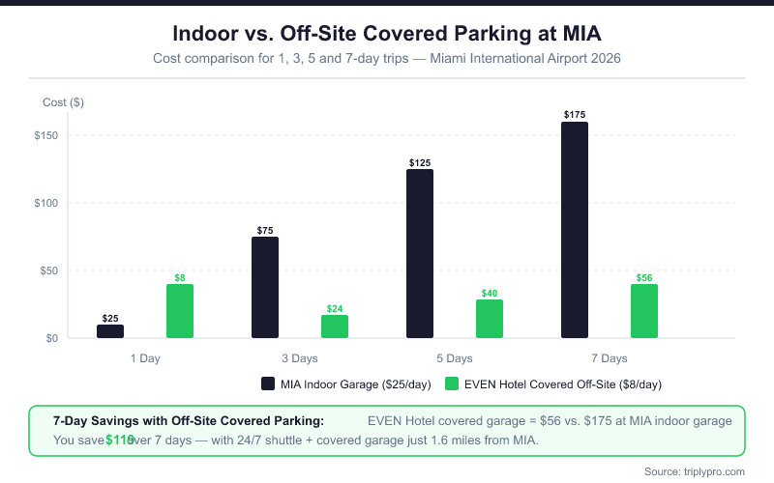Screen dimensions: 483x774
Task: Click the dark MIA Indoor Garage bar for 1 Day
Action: [x=110, y=331]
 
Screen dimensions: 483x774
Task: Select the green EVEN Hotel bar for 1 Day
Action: [x=180, y=311]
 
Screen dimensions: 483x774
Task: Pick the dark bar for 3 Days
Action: [x=265, y=288]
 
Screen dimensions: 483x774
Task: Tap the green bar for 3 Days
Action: [x=335, y=327]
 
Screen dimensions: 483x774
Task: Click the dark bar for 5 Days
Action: [x=420, y=254]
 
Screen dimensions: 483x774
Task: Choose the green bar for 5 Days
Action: [x=490, y=319]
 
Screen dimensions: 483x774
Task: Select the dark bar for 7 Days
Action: [x=575, y=230]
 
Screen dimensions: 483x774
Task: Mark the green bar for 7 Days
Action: [x=644, y=311]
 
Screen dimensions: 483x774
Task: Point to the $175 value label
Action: [x=575, y=115]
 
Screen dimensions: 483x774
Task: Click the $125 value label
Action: [x=420, y=163]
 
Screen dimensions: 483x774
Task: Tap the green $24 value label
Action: [x=335, y=309]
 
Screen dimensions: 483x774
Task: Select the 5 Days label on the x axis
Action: [x=455, y=358]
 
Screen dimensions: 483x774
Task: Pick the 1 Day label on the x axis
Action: [x=145, y=358]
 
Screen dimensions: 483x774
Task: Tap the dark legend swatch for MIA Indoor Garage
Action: [x=268, y=384]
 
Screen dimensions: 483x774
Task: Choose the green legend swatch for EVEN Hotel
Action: [x=452, y=384]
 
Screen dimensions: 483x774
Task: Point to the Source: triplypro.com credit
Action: [x=694, y=470]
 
